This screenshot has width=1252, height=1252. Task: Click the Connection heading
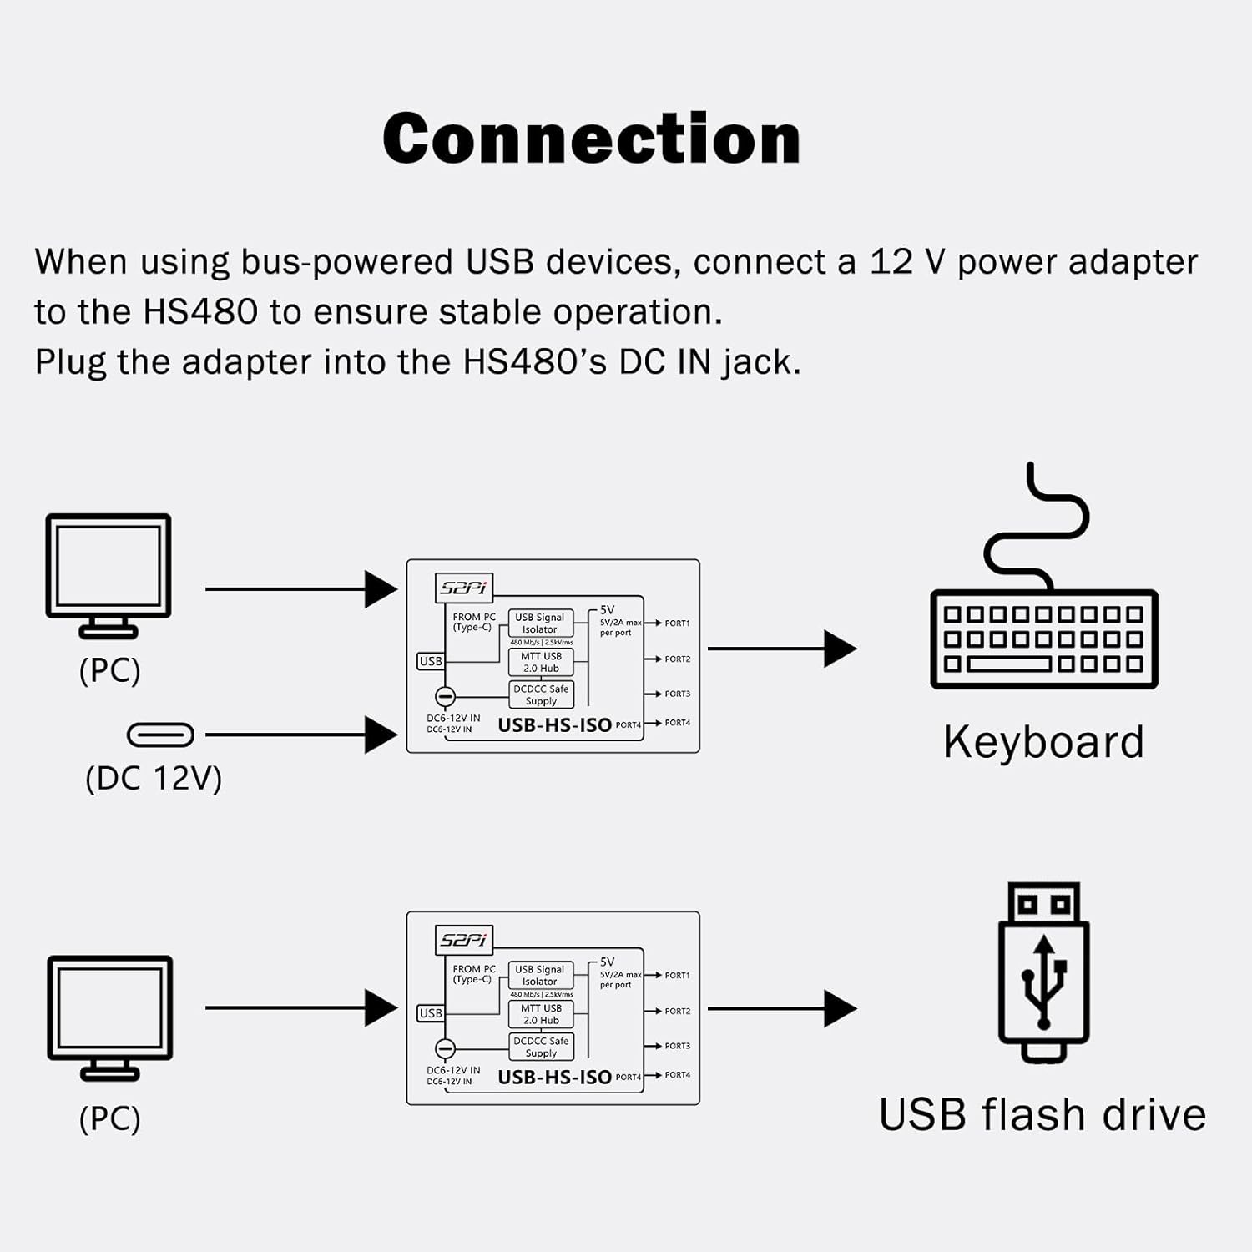point(591,139)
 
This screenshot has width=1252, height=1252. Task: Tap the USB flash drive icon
point(1043,972)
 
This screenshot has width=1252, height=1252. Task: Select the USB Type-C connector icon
point(160,735)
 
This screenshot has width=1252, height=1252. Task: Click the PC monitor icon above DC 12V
point(109,576)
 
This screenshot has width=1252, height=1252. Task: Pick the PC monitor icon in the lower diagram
point(110,1018)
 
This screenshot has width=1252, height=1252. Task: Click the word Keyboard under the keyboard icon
point(1043,742)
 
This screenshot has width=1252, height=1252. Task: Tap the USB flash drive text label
point(1042,1114)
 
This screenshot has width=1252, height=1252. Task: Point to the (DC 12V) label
point(154,779)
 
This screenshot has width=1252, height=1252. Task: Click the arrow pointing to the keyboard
point(781,649)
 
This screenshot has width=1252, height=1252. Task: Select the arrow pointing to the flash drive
point(781,1008)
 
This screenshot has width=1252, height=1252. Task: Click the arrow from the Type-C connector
point(300,735)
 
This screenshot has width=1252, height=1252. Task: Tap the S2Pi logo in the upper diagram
point(464,588)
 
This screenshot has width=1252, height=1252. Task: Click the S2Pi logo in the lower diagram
point(464,940)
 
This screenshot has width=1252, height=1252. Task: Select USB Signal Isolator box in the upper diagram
point(540,623)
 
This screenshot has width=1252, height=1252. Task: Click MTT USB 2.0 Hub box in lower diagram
point(541,1014)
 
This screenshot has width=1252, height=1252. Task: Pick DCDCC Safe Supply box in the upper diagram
point(541,694)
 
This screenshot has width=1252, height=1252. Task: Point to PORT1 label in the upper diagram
point(677,623)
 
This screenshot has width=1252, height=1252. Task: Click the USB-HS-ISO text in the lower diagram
point(554,1078)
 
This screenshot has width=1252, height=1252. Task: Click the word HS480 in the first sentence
point(200,312)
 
